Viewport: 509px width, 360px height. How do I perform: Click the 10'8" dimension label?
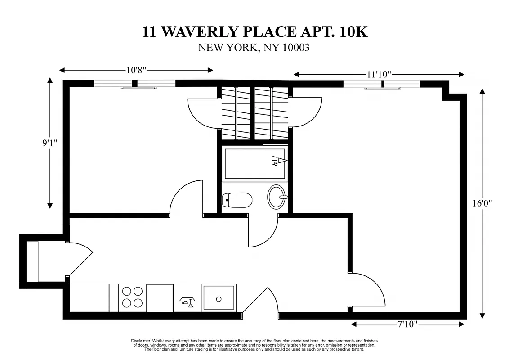pos(136,70)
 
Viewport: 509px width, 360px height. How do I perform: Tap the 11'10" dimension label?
pos(379,74)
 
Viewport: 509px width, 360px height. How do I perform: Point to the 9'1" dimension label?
pos(50,143)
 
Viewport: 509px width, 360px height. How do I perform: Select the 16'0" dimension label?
pos(482,203)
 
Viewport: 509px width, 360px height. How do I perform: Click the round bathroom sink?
pos(277,197)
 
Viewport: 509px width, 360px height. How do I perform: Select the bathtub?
pos(254,163)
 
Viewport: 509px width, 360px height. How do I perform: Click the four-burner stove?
pos(132,297)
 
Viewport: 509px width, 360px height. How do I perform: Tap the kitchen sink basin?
pos(219,297)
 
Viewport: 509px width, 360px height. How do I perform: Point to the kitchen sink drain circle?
pos(219,298)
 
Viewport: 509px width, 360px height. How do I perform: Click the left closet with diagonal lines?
pos(234,112)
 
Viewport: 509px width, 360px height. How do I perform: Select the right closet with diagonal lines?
pos(272,112)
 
